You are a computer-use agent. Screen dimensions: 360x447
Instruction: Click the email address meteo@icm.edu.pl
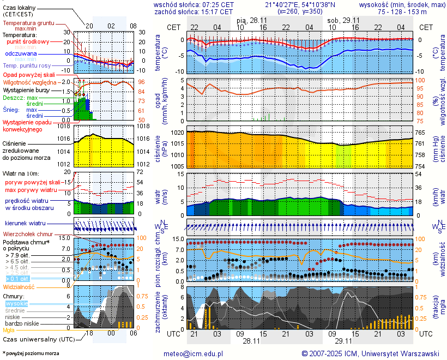click(x=194, y=353)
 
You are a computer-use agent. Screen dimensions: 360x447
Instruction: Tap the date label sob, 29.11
click(x=340, y=20)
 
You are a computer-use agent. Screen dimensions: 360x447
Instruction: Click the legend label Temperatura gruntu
click(x=28, y=23)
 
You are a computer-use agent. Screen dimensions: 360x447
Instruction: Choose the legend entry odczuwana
click(x=21, y=54)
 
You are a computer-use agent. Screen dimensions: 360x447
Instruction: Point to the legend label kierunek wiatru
click(x=25, y=224)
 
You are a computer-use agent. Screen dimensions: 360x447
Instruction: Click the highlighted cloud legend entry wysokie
click(x=16, y=303)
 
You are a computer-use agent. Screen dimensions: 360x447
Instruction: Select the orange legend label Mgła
click(x=9, y=330)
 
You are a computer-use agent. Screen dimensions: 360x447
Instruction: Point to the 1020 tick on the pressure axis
click(x=176, y=133)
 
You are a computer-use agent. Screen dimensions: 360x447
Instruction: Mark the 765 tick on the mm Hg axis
click(x=421, y=133)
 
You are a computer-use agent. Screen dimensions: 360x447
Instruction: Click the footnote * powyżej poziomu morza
click(x=31, y=353)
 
